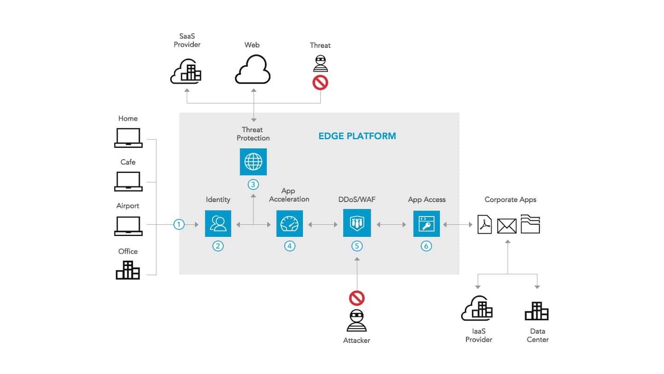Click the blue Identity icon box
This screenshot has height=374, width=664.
point(218,223)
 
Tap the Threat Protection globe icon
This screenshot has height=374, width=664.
point(253,162)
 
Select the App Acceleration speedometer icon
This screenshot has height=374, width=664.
point(290,223)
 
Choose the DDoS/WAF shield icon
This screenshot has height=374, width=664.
point(357,223)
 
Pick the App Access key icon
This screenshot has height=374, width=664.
point(427,223)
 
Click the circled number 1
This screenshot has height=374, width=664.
point(179,224)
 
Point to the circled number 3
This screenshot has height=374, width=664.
point(253,184)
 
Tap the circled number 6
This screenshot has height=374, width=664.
point(426,246)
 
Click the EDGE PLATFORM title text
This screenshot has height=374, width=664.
point(357,136)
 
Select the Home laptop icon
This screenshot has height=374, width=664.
point(128,138)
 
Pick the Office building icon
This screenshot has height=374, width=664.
point(128,270)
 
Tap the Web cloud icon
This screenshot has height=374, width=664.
point(252,71)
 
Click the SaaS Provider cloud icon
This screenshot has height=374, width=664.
point(187,72)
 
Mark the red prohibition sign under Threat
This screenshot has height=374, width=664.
point(320,83)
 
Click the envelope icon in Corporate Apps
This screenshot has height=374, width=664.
point(507,226)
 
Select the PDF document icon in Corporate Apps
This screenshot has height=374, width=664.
point(485,224)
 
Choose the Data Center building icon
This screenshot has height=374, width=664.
point(537,312)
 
